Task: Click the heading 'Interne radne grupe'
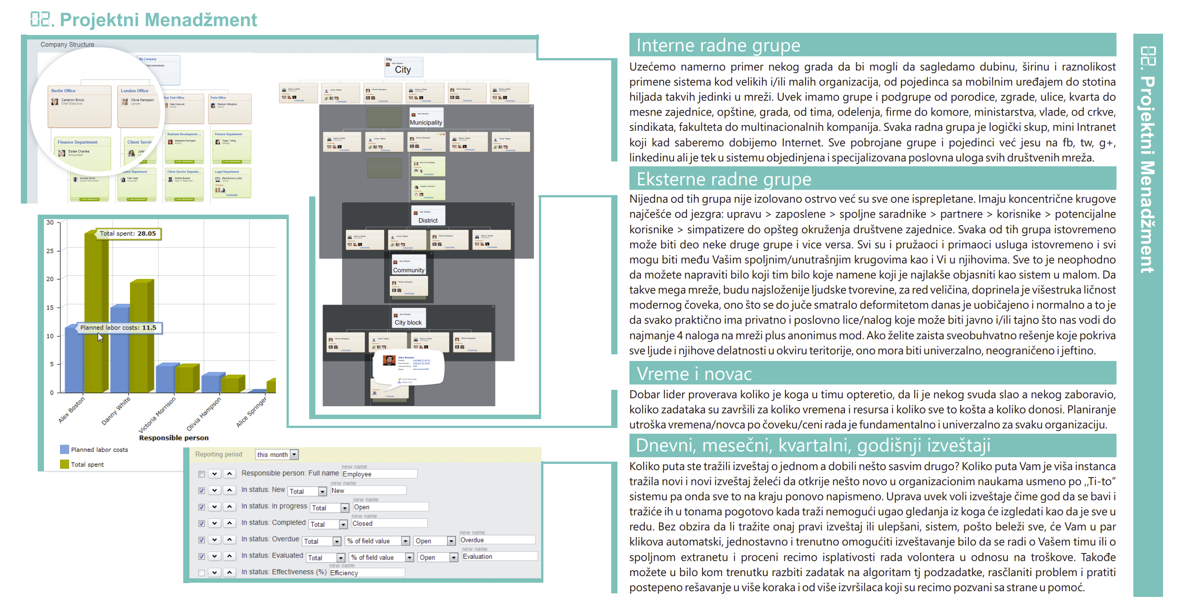[718, 46]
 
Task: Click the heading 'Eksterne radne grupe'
[723, 179]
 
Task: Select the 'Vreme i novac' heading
[693, 374]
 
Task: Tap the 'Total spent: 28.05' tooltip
[128, 233]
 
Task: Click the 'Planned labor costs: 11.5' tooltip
[118, 327]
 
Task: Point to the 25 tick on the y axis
[50, 251]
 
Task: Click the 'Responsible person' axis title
[173, 438]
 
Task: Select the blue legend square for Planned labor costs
[64, 449]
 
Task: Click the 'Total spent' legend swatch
[64, 464]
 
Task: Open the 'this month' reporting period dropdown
[277, 454]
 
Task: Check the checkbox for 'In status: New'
[201, 490]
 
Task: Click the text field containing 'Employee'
[379, 474]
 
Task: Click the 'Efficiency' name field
[366, 573]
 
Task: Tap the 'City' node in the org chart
[403, 69]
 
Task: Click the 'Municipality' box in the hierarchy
[426, 122]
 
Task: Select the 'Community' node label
[408, 270]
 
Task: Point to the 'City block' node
[408, 322]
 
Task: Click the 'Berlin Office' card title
[63, 91]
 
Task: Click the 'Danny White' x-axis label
[116, 411]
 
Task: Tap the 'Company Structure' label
[67, 44]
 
